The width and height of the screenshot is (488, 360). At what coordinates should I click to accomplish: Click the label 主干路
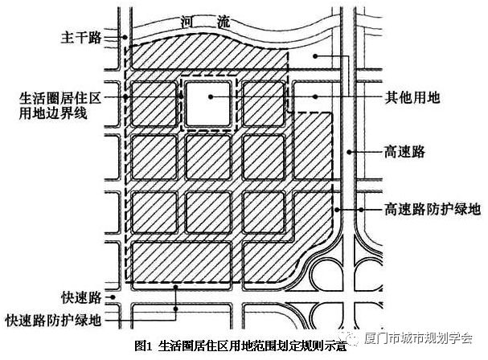pos(81,37)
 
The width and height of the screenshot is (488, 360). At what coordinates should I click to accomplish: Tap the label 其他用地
pos(412,97)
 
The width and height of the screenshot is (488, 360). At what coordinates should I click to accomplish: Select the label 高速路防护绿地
pos(433,209)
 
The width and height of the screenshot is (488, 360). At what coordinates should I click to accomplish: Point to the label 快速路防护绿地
pos(54,320)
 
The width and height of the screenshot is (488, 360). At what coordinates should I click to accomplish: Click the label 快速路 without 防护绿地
pos(81,297)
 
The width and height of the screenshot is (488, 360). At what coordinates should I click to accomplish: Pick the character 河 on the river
pos(189,22)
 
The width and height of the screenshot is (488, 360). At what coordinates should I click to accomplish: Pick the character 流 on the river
pos(223,22)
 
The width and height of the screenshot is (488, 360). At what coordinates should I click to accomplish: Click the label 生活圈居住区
pos(60,98)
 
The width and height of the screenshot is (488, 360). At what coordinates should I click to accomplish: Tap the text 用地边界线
pos(53,113)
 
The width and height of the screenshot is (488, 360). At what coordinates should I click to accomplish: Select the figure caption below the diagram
pos(240,346)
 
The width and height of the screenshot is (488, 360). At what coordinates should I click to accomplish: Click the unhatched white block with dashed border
pos(208,104)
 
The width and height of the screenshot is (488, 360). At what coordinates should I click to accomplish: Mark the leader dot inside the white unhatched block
pos(211,96)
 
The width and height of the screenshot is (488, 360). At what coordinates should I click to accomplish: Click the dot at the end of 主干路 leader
pos(125,37)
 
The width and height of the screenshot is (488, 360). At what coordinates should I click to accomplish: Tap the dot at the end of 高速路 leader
pos(350,152)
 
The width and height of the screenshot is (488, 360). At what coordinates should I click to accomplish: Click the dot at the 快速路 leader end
pos(113,297)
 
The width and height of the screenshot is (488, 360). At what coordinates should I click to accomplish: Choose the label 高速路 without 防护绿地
pos(404,152)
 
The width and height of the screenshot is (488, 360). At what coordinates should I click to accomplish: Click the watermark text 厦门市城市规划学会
pos(419,337)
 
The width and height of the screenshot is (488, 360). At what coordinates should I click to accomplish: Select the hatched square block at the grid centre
pos(208,157)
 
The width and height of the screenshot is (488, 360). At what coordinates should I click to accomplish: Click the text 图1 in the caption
pos(143,346)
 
